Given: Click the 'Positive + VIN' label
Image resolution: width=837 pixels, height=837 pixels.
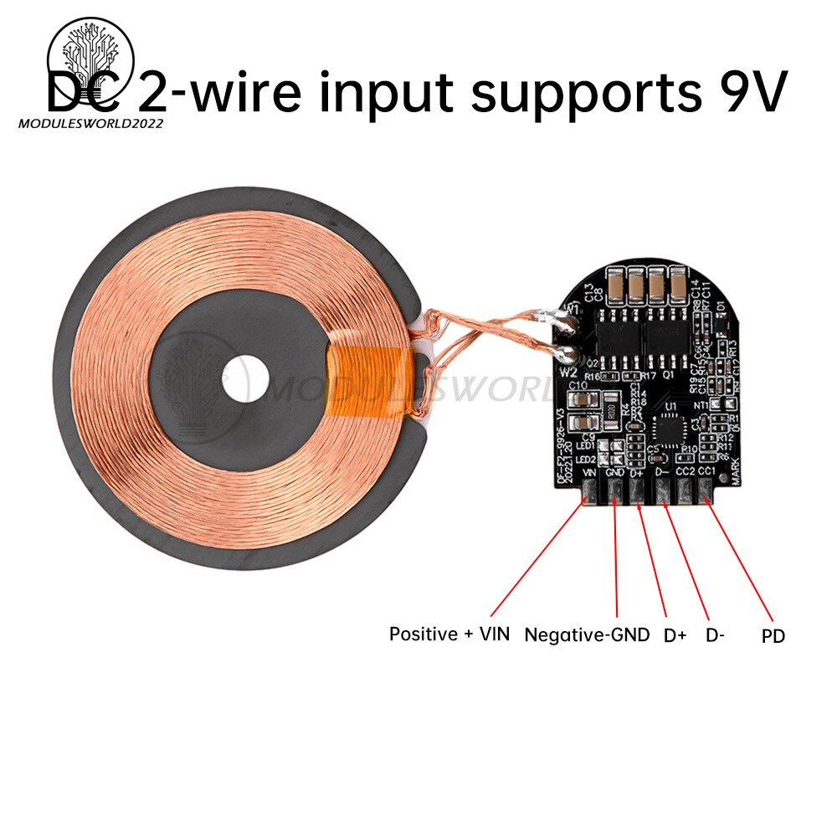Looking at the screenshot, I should [x=449, y=634].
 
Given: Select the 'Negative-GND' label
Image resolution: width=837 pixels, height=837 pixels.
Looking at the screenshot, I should [x=587, y=634].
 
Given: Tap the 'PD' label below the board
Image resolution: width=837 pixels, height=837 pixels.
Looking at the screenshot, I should [x=773, y=637].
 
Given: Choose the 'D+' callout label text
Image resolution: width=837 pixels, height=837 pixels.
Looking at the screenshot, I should [x=675, y=635].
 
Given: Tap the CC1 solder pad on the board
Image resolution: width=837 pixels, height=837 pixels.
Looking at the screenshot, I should [x=706, y=496].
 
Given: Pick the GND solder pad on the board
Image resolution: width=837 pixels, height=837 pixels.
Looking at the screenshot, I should [x=614, y=496].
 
